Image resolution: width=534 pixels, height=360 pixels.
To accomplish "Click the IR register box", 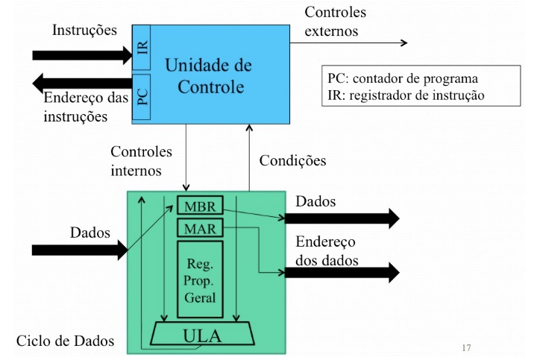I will tap(142, 48).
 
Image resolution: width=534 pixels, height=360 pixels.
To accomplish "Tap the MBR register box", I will tap(200, 204).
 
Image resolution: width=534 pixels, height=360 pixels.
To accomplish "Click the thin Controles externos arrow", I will tap(351, 42).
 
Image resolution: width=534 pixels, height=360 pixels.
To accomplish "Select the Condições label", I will tap(292, 160).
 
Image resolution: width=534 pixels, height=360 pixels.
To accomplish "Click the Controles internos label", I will tap(141, 161).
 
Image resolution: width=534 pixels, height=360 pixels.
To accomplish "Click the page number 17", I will tap(466, 347).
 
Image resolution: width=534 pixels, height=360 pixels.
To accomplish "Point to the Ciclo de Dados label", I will tap(66, 341).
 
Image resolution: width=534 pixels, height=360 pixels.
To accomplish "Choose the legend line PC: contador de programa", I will tap(403, 78).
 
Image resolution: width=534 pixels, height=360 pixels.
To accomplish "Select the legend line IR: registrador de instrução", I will tap(406, 95).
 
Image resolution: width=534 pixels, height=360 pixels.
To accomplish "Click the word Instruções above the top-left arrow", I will tap(84, 31).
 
